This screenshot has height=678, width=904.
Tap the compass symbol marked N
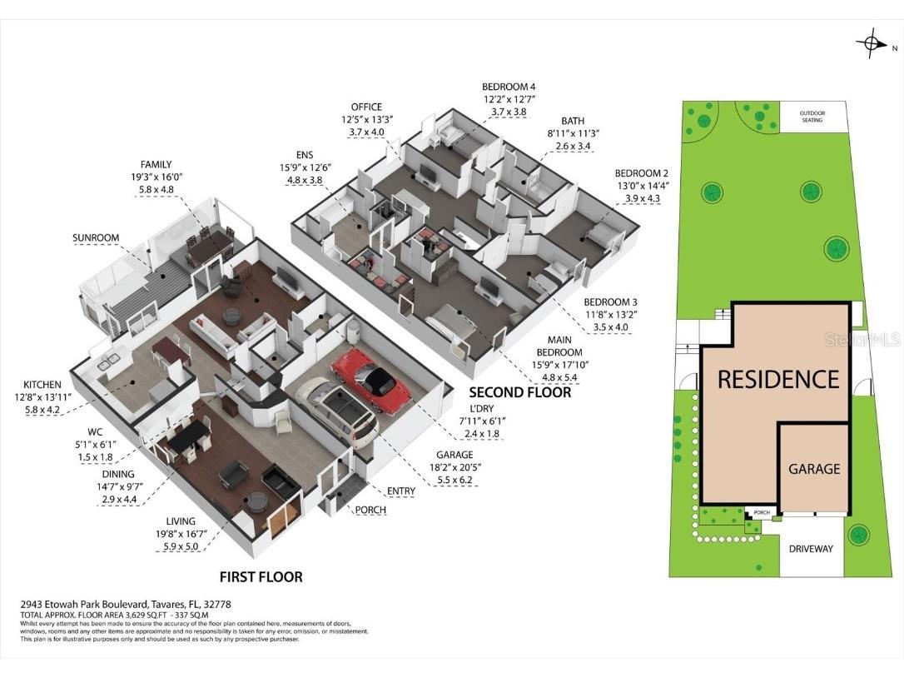(x=872, y=43)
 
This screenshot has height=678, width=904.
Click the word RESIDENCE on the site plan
(x=777, y=380)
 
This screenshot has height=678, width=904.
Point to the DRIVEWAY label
(x=811, y=549)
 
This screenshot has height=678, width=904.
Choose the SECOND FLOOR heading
(x=519, y=392)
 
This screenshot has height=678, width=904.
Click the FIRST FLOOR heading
(x=261, y=576)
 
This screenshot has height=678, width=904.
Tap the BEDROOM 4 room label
(x=509, y=87)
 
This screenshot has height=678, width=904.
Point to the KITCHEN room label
(x=42, y=384)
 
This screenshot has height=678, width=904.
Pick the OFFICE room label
(x=366, y=107)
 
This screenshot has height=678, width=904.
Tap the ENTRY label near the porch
(x=400, y=491)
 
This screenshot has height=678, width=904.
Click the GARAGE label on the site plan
(x=813, y=469)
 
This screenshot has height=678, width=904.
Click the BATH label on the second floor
(x=573, y=121)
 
